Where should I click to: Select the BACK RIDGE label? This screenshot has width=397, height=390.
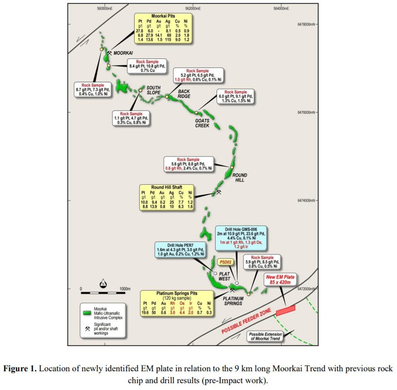tap(184, 94)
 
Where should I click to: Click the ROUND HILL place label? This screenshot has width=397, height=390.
tap(240, 178)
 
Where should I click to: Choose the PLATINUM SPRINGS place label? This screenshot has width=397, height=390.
tap(232, 300)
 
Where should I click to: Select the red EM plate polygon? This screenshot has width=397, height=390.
tap(286, 310)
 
